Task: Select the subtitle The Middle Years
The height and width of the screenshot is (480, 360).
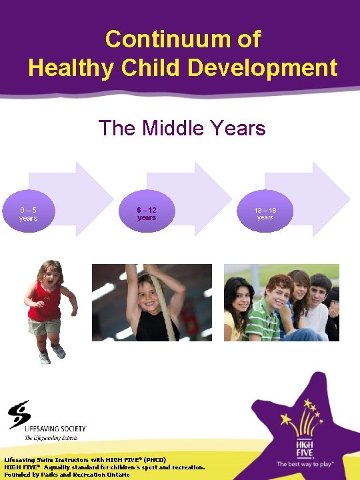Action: [181, 127]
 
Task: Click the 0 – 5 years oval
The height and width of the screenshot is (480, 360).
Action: [28, 214]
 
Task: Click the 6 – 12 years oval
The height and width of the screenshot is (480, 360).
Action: [147, 214]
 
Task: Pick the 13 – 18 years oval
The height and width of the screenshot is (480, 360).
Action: [265, 214]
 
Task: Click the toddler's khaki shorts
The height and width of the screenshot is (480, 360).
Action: [45, 327]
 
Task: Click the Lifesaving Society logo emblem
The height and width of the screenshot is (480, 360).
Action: [19, 414]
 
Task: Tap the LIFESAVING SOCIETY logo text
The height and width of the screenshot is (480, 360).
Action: [56, 429]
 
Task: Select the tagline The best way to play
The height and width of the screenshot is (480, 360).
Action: [305, 463]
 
